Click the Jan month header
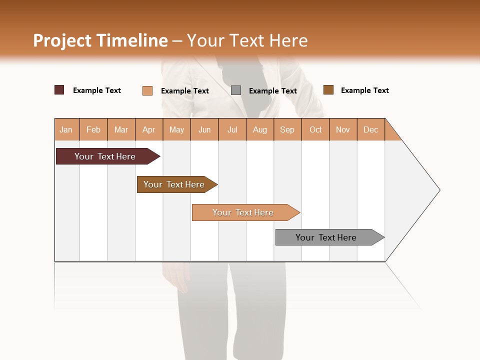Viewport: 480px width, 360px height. click(66, 130)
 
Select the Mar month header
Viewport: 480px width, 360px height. click(121, 130)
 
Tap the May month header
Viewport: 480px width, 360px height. click(176, 130)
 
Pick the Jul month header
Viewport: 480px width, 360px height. click(232, 130)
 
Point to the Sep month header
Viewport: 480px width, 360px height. click(287, 130)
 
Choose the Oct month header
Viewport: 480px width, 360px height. click(315, 130)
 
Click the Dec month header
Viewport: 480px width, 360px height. click(370, 130)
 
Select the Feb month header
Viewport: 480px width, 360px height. click(93, 130)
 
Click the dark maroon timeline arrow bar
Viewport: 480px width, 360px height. click(105, 156)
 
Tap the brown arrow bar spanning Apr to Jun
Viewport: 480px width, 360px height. click(174, 184)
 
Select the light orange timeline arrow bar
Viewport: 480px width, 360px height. click(243, 212)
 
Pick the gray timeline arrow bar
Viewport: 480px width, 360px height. click(326, 237)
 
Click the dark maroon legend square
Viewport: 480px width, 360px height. click(59, 90)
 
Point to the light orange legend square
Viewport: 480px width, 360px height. click(147, 90)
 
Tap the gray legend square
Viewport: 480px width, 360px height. click(236, 90)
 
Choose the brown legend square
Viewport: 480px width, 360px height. click(328, 90)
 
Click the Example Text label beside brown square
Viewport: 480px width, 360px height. click(364, 90)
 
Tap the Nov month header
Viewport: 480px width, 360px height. click(343, 130)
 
